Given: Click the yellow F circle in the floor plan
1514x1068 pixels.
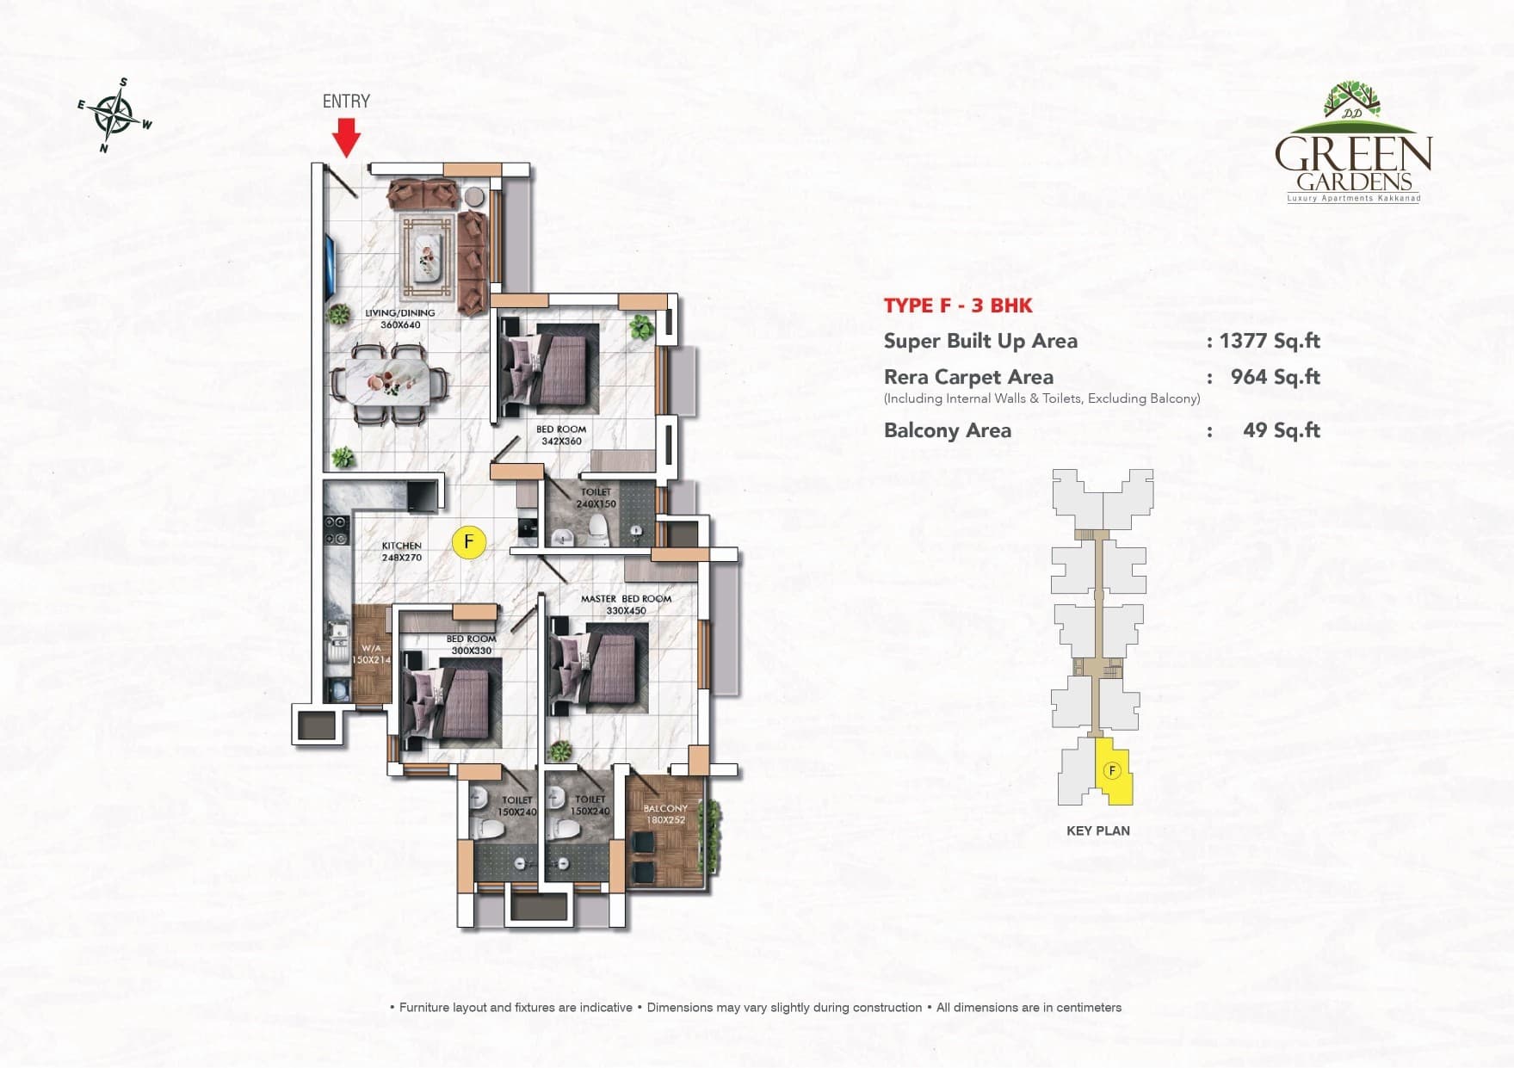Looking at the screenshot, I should coord(468,542).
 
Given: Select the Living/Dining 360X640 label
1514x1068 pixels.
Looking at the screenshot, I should coord(399,319).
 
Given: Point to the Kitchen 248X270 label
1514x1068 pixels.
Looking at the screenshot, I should coord(402,552).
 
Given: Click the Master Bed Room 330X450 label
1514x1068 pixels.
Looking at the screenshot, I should coord(626,605).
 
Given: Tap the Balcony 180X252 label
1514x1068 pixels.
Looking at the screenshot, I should coord(665,814).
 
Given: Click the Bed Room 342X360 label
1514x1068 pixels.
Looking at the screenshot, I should coord(561,435).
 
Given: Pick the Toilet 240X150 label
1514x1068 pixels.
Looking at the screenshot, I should coord(596,498).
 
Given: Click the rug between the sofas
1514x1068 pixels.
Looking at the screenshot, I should coord(428,248).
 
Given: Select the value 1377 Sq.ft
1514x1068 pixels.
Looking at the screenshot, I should coord(1270,341).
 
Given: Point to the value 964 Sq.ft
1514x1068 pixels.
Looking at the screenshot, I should coord(1275,377).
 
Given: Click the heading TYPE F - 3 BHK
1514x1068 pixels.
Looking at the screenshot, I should coord(958,306).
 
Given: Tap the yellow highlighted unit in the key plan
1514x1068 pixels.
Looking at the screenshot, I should coord(1113,772).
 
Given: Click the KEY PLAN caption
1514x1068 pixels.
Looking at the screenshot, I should coord(1097,830).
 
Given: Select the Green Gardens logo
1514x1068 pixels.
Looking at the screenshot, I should coord(1352,143).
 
